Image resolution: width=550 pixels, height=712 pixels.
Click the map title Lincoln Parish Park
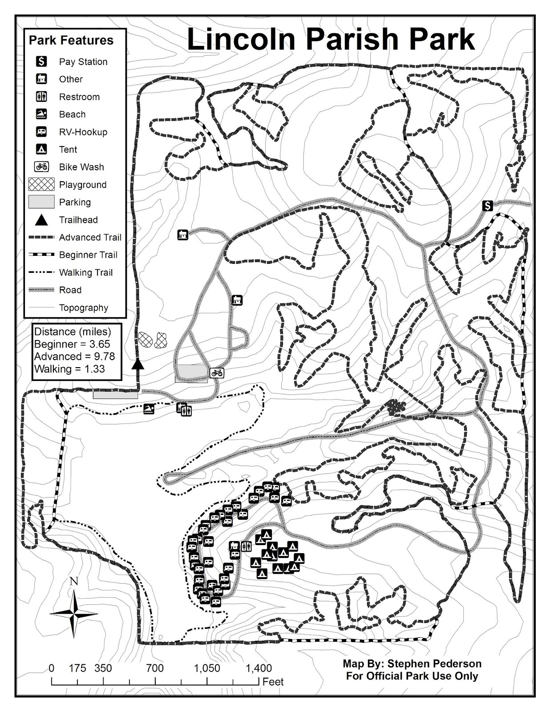coord(331,39)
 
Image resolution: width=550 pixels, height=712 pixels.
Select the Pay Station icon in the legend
coord(41,61)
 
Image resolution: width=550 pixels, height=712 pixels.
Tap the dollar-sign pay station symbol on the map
coord(488,206)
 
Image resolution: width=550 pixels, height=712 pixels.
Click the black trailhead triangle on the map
coord(138,364)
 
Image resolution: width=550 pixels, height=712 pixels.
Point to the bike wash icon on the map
coord(217,373)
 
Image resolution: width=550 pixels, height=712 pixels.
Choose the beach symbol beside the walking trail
coord(149,409)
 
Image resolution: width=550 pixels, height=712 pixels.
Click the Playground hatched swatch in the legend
coord(41,184)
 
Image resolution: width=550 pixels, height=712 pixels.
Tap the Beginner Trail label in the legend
coord(88,255)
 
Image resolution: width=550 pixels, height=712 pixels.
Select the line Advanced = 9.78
coord(74,356)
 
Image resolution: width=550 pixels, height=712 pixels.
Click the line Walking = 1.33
coord(69,369)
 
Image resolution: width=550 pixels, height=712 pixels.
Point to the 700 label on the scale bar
coord(155,668)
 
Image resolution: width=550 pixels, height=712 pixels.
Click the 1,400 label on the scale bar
coord(259,668)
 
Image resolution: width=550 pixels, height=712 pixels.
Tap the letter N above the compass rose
coord(74,581)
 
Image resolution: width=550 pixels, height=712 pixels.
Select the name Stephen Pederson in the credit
coord(434,663)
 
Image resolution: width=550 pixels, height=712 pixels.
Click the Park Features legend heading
coord(71,40)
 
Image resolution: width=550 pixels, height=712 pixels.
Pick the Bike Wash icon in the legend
coord(41,167)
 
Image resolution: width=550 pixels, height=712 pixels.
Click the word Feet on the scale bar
coord(273,682)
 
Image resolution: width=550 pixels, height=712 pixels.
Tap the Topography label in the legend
coord(84,307)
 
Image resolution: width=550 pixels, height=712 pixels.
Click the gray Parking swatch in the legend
coord(41,202)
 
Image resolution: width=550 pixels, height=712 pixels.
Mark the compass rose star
coord(74,614)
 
